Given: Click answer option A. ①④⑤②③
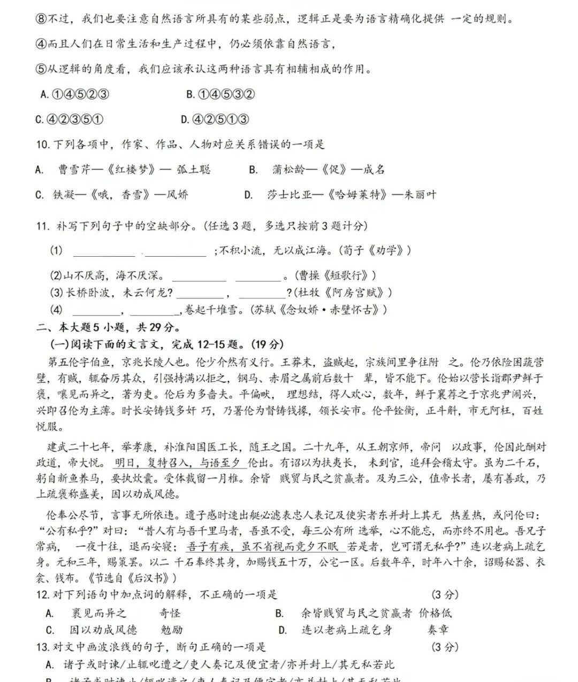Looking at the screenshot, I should pyautogui.click(x=75, y=95).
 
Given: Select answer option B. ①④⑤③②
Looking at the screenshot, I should pyautogui.click(x=220, y=95).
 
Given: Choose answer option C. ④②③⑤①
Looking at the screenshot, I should pyautogui.click(x=69, y=119).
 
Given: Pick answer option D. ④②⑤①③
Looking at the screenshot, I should pyautogui.click(x=215, y=119).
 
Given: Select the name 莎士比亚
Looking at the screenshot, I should pyautogui.click(x=290, y=195).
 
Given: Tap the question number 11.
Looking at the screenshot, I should pyautogui.click(x=43, y=226).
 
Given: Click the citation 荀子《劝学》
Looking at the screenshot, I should pyautogui.click(x=377, y=250).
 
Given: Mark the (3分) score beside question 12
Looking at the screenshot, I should pyautogui.click(x=445, y=595).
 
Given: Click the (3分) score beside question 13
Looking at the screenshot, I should pyautogui.click(x=445, y=647).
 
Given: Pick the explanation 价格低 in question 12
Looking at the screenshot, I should pyautogui.click(x=435, y=613).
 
